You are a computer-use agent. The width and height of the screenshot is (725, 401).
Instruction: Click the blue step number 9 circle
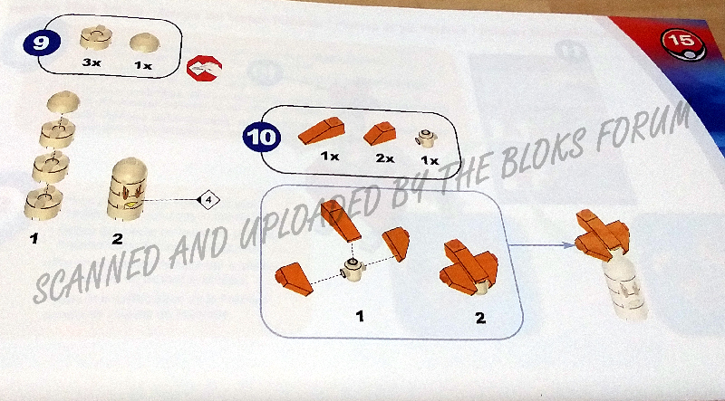42,43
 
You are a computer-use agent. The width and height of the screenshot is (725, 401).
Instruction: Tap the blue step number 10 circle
262,138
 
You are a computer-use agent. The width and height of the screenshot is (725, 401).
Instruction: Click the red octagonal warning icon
204,69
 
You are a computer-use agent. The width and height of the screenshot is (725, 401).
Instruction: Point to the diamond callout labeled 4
208,200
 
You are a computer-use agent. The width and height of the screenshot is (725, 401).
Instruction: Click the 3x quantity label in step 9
92,62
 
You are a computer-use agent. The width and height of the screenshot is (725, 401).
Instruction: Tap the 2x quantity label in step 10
384,158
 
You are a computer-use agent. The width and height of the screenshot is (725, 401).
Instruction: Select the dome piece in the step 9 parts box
144,43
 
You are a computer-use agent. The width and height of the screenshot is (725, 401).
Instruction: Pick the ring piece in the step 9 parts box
96,36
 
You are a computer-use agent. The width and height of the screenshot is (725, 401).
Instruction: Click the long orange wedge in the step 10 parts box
322,130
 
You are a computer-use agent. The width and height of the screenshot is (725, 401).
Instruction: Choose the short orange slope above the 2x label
381,133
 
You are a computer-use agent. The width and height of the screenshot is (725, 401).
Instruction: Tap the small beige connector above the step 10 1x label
426,139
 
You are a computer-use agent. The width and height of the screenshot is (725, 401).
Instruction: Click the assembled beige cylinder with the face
127,189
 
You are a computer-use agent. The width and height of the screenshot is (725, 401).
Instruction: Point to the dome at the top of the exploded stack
63,101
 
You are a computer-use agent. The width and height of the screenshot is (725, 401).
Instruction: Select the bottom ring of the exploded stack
43,203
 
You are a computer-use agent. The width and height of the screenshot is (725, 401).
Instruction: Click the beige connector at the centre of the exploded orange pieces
353,271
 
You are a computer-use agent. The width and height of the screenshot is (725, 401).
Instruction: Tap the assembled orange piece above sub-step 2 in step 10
469,266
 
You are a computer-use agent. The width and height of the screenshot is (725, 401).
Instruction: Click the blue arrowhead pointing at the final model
568,245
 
